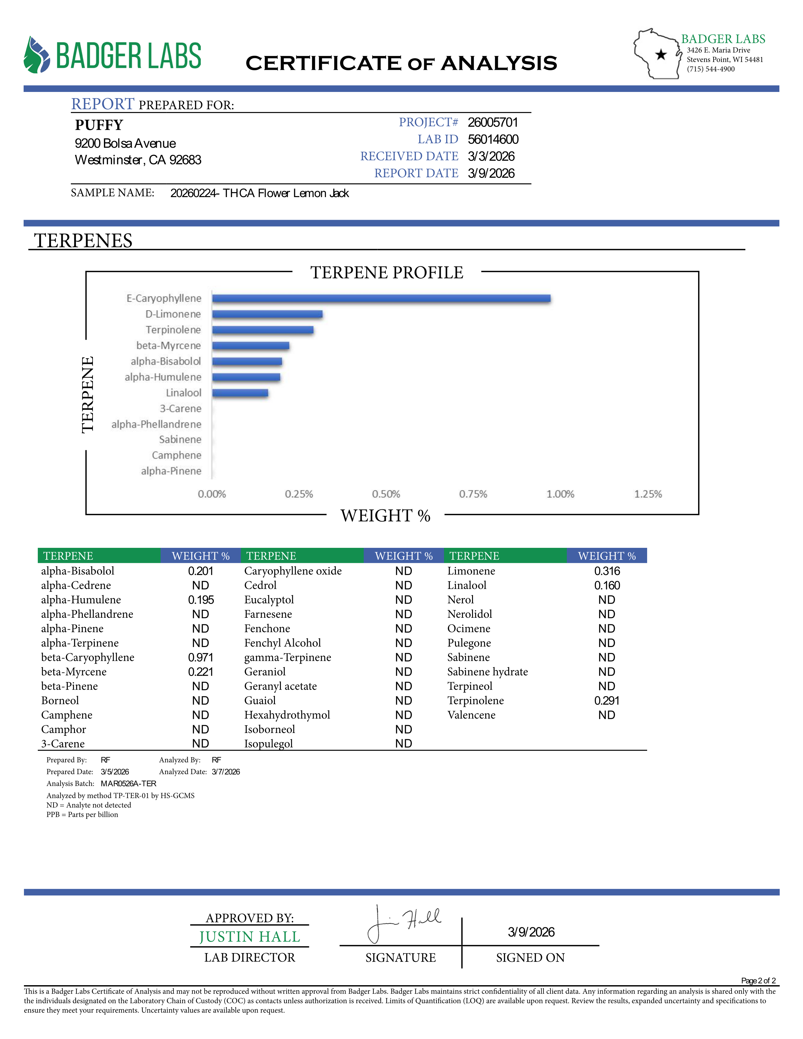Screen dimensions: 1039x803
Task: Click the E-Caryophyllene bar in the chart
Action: point(381,298)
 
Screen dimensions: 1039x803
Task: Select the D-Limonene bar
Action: point(267,314)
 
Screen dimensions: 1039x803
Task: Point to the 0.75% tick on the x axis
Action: point(473,494)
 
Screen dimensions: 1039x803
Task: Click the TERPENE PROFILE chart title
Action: point(387,273)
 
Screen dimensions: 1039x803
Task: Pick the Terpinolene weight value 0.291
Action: point(607,701)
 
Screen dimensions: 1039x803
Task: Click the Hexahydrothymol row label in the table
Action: point(287,715)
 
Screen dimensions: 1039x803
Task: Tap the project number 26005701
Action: point(493,122)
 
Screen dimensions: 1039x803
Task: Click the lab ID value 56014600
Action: point(493,139)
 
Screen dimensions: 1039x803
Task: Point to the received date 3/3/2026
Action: point(491,156)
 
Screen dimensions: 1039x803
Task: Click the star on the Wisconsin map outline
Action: point(661,55)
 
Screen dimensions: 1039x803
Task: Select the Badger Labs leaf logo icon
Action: point(37,55)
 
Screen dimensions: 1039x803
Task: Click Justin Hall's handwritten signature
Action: point(404,923)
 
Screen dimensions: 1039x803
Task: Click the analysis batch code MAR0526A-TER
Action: point(128,784)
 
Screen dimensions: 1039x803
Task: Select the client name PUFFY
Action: point(99,125)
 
